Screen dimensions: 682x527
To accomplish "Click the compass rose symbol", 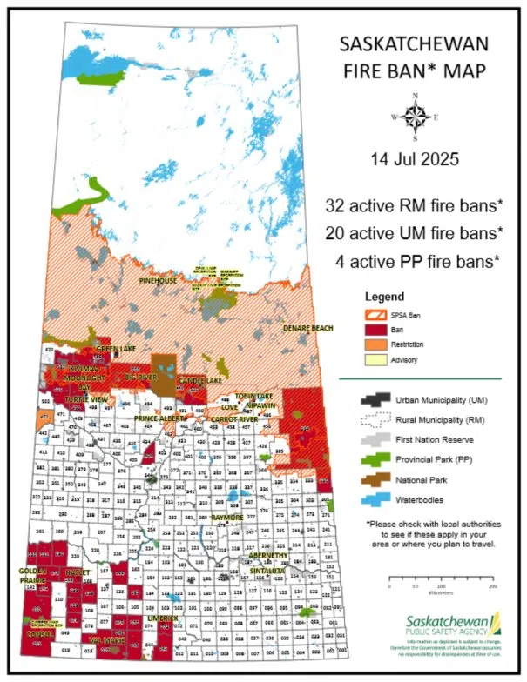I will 415,116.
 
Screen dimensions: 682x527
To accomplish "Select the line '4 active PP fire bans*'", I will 416,261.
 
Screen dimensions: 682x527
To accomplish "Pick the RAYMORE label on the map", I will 227,518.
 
